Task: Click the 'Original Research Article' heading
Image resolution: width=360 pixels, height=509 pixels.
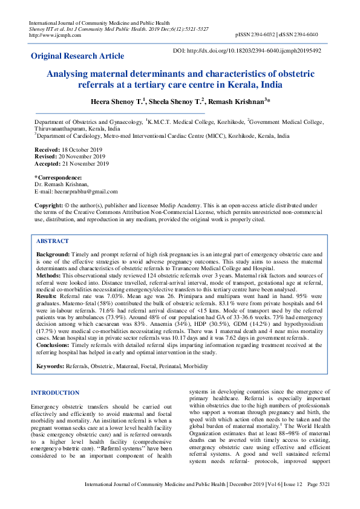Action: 77,56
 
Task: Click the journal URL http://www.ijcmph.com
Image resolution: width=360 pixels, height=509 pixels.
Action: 55,35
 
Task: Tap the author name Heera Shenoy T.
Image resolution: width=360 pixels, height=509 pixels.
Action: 117,102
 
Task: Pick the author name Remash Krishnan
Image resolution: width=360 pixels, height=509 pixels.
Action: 238,102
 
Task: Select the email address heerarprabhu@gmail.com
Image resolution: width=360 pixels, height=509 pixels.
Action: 76,191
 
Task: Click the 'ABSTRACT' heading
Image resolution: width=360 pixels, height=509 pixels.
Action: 53,241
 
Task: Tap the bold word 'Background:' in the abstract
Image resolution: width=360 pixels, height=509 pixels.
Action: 53,255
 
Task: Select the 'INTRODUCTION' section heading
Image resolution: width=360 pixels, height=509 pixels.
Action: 55,393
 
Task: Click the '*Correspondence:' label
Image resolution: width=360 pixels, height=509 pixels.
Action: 59,178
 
